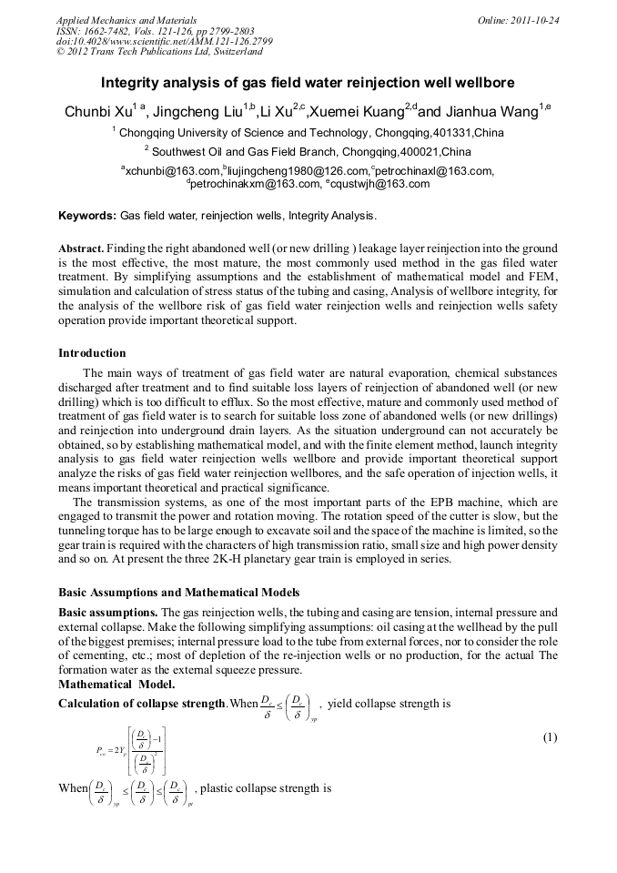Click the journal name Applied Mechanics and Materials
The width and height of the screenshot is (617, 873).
[x=126, y=19]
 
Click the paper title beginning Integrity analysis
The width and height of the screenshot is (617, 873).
[x=308, y=81]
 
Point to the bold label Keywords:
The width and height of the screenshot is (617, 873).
[x=87, y=216]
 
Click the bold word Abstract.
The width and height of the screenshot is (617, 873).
[x=81, y=249]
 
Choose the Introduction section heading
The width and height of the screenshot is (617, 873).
[x=92, y=353]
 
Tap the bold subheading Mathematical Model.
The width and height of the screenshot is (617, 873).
[x=116, y=684]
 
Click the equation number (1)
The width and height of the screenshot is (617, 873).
[x=549, y=737]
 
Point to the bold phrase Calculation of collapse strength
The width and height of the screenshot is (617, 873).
[x=142, y=704]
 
